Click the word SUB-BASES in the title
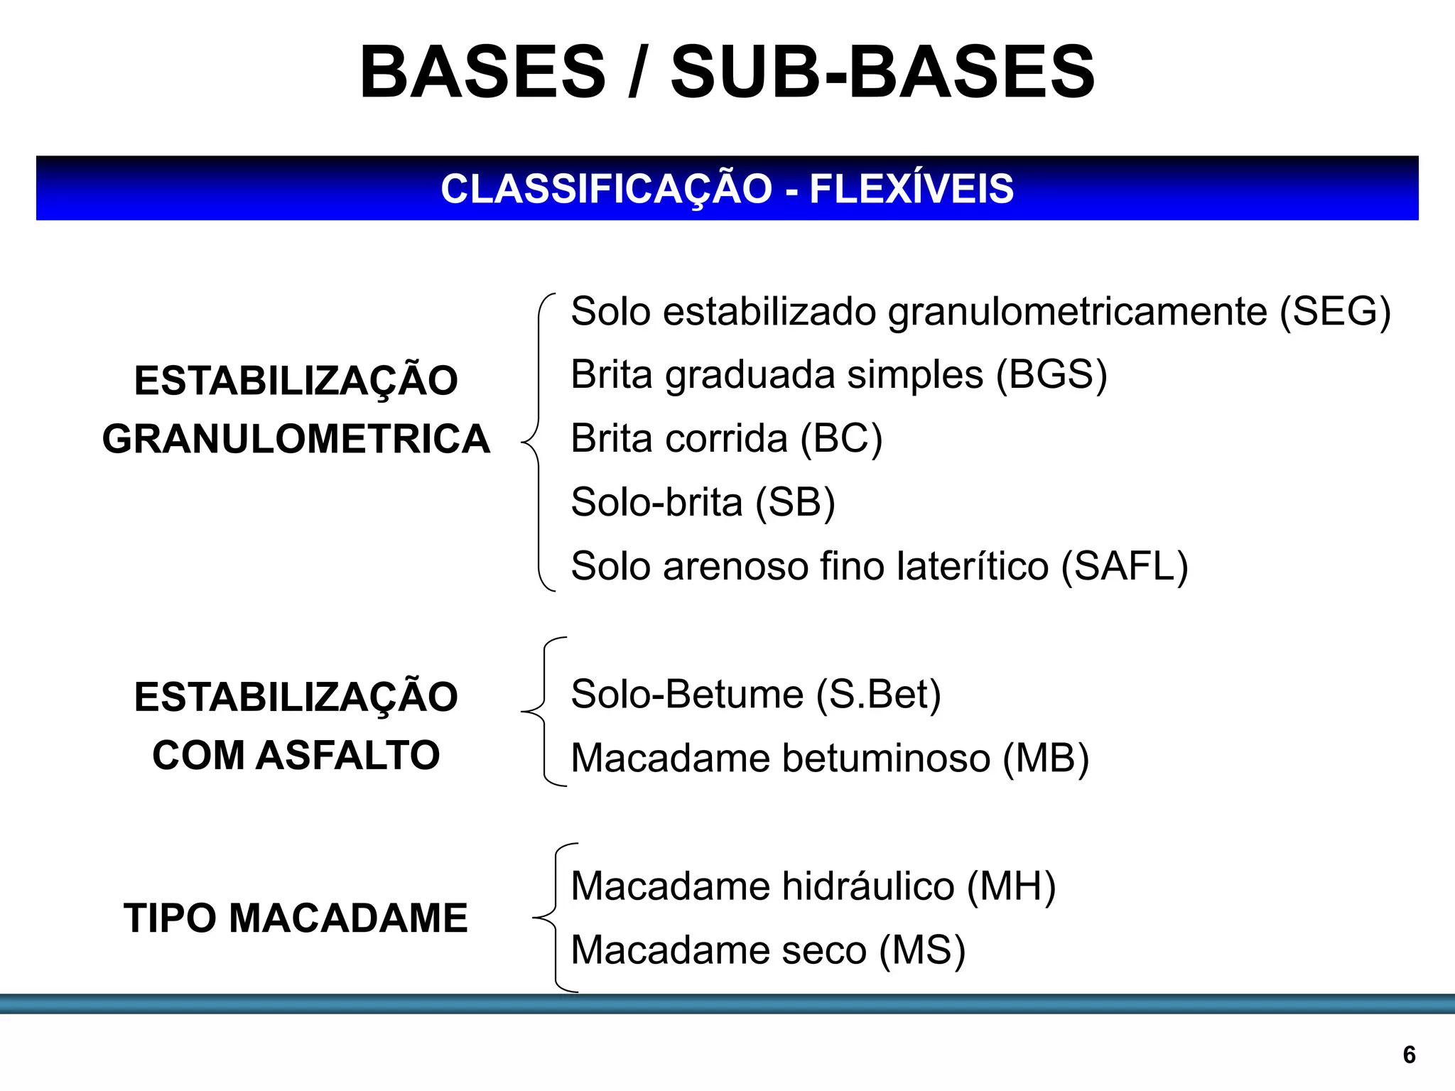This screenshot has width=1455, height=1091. click(x=882, y=72)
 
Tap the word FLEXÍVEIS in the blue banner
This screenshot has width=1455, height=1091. click(x=912, y=189)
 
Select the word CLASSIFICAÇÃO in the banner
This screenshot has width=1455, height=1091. click(x=606, y=189)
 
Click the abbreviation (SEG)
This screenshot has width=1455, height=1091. click(x=1335, y=312)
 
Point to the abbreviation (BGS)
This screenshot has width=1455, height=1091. click(x=1051, y=375)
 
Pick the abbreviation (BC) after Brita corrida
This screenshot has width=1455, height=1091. click(x=841, y=439)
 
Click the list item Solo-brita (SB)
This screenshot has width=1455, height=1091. click(x=703, y=503)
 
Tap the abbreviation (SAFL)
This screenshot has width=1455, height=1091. click(x=1125, y=567)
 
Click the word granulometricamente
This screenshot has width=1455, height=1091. click(x=1077, y=312)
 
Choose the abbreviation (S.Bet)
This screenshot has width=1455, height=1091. click(x=878, y=695)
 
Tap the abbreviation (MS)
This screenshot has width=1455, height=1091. click(x=922, y=950)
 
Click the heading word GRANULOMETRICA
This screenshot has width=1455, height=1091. click(x=296, y=439)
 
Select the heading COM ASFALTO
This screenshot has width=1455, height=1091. click(x=296, y=755)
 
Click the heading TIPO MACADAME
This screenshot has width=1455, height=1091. click(x=296, y=918)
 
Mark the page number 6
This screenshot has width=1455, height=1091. click(x=1410, y=1055)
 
